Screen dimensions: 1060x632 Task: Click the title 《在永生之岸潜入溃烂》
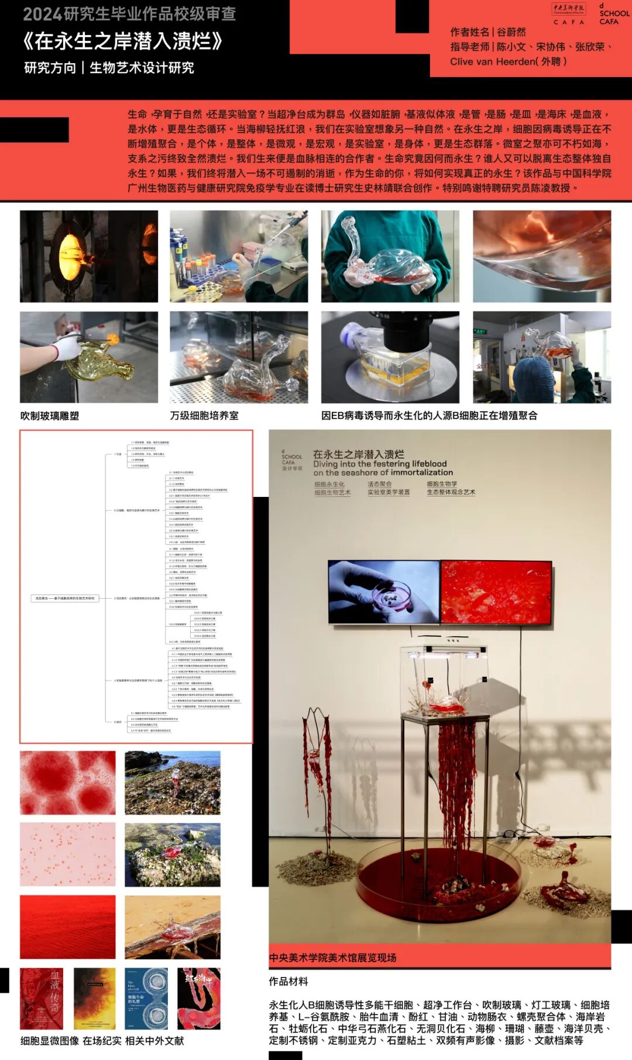tap(123, 42)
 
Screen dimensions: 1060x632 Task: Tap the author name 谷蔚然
tap(511, 32)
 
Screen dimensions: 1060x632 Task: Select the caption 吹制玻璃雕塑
tap(50, 416)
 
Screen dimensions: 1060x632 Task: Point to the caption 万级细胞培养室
tap(204, 416)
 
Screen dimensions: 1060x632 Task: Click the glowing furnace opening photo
tap(89, 256)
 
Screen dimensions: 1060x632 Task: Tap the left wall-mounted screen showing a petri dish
tap(383, 592)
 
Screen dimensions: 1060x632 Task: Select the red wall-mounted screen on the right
tap(496, 592)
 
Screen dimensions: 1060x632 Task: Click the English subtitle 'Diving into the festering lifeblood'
tap(380, 464)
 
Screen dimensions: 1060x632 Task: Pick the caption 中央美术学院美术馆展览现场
tap(333, 958)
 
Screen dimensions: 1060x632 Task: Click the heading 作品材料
tap(288, 981)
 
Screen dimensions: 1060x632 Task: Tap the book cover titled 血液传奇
tap(42, 999)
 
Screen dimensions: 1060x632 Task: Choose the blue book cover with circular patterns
tap(146, 999)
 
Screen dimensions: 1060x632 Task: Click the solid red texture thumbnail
tap(68, 927)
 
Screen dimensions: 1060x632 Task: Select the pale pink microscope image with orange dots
tap(68, 855)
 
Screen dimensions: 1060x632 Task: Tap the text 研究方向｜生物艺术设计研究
tap(109, 68)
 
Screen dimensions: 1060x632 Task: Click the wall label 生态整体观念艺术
tap(451, 492)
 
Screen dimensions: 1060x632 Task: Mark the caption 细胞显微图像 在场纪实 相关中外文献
tap(102, 1041)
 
